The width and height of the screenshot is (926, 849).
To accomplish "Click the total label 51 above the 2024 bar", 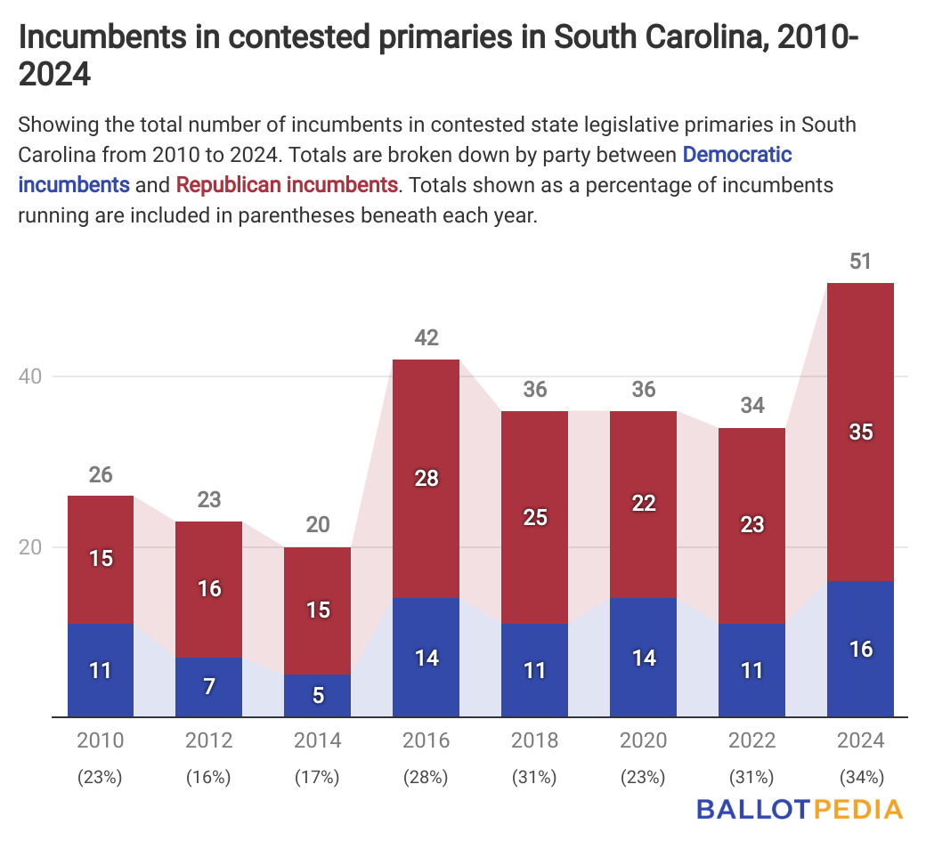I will pos(860,262).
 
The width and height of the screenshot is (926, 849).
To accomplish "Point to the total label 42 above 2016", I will pos(426,338).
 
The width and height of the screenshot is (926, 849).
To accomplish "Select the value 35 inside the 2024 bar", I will pos(860,433).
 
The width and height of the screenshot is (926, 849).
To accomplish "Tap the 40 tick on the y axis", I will pos(31,376).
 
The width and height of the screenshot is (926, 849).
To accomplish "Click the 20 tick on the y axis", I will pos(31,547).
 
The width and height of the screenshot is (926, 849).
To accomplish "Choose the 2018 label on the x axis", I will pos(534,741).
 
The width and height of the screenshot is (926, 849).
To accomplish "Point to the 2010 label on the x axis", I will pos(101,741).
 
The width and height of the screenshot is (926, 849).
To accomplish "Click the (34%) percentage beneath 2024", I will pos(860,777).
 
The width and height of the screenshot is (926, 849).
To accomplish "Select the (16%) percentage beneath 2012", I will pos(208,777).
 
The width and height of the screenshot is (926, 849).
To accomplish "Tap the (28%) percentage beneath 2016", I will pos(426,777).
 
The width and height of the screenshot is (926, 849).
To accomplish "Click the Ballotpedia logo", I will pos(799,809).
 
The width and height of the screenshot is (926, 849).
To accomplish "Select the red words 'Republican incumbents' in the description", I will pos(287,185).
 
